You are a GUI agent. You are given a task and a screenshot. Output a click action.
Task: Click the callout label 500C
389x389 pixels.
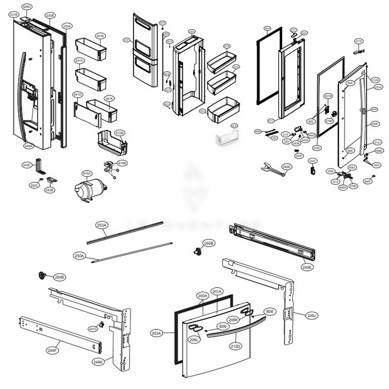[x=26, y=7]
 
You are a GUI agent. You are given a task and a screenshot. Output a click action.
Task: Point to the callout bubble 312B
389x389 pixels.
[x=119, y=133]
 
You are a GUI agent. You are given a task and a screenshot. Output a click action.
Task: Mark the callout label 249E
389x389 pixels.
[x=307, y=267]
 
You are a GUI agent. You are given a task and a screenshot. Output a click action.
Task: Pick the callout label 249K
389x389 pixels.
[x=98, y=362]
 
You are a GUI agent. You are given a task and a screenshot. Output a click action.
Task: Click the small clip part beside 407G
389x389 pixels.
[x=102, y=324]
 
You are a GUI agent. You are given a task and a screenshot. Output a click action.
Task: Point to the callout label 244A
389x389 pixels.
[x=29, y=146]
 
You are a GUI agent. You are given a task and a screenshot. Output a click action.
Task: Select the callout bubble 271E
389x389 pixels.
[x=358, y=41]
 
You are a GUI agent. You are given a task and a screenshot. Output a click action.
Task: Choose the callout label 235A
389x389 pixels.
[x=67, y=26]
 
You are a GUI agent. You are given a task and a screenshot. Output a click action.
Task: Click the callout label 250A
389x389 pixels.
[x=79, y=256]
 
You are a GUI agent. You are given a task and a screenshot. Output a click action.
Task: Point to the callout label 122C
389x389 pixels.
[x=313, y=161]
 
